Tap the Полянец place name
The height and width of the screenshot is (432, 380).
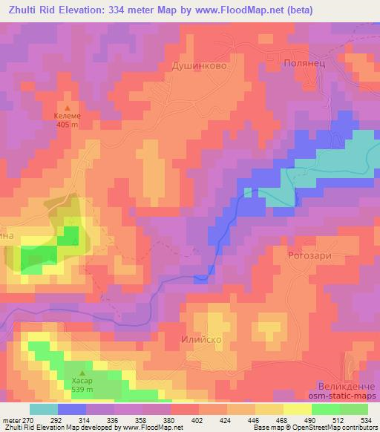(304, 65)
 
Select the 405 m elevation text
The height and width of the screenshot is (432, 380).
(67, 125)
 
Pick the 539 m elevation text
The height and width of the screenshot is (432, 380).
(82, 390)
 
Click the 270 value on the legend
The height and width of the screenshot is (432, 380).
(28, 419)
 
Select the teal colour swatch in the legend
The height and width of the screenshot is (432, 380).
(44, 409)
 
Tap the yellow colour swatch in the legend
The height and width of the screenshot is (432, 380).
(298, 409)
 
